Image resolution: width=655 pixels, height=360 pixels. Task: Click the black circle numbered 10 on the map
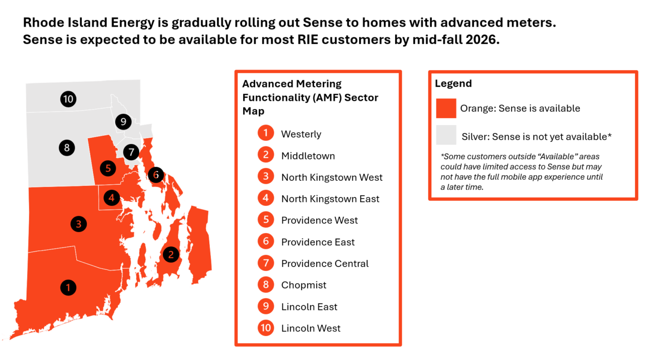69,99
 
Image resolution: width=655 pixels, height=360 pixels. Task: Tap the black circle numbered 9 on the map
123,122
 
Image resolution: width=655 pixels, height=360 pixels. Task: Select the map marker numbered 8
67,148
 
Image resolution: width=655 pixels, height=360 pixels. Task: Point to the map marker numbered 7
132,152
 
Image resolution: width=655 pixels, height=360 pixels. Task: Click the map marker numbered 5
108,168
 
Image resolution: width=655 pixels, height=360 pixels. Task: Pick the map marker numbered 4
112,198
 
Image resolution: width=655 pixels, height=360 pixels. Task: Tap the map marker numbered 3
79,224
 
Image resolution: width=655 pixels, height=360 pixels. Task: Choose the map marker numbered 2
171,255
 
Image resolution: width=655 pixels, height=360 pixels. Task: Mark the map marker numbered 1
69,288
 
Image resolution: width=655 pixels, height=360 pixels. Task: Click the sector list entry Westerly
301,134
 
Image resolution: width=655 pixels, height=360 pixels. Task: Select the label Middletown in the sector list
308,156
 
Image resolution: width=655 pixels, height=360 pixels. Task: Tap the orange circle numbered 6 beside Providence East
266,241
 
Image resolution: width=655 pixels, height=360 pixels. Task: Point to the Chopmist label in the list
304,285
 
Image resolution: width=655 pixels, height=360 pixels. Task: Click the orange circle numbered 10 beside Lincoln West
266,328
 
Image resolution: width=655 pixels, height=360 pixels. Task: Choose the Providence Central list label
324,263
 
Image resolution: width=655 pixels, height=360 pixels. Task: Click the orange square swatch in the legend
446,108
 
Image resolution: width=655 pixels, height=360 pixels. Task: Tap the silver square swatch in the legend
446,135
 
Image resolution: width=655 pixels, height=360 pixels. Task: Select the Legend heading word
453,83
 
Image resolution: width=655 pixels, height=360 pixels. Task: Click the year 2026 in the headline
482,39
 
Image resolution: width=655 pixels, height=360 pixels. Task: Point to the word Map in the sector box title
253,111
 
